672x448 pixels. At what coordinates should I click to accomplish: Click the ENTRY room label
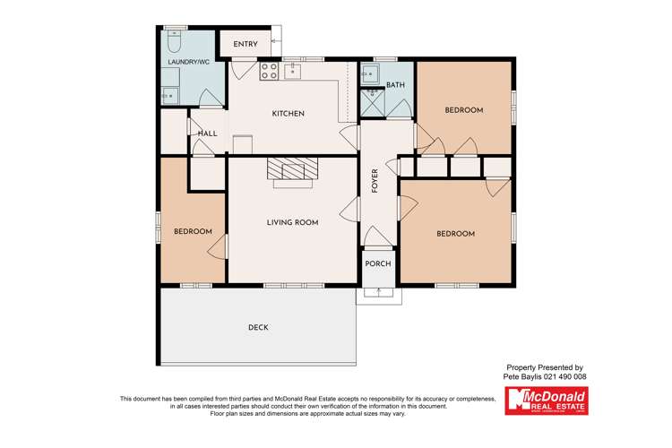click(x=246, y=45)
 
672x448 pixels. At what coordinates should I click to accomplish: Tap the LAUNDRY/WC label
click(x=189, y=62)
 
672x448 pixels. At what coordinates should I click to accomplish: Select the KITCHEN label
click(x=289, y=114)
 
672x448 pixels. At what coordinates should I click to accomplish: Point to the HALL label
click(x=208, y=134)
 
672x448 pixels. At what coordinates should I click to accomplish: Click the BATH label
click(x=395, y=86)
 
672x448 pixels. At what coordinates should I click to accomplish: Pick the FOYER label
click(x=375, y=181)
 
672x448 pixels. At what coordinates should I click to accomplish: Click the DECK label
click(x=258, y=328)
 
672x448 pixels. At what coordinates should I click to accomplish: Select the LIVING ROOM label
click(x=292, y=222)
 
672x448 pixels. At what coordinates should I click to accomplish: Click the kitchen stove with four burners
click(x=268, y=71)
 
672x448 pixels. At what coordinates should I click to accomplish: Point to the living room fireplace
click(x=292, y=169)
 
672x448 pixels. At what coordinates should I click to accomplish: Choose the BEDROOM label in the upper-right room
click(x=464, y=110)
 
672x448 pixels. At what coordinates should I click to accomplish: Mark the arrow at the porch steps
click(x=378, y=292)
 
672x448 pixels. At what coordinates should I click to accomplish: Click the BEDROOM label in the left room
click(x=193, y=232)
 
